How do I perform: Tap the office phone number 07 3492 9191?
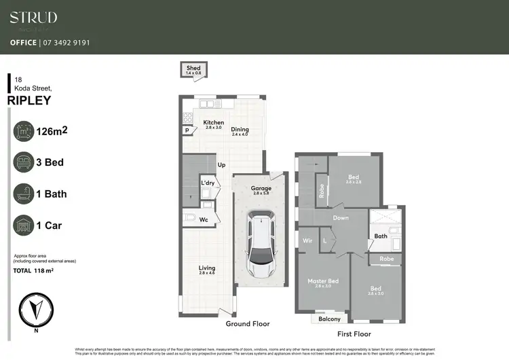tap(66, 42)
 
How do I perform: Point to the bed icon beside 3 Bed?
tap(25, 163)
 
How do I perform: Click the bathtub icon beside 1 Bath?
tap(25, 194)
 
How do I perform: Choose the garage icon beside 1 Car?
tap(25, 226)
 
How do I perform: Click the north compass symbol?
tap(35, 308)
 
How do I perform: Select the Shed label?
tap(194, 69)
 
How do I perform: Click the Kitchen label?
tap(214, 123)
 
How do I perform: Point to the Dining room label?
tap(240, 130)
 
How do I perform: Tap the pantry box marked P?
tap(186, 130)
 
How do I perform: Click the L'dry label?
tap(207, 183)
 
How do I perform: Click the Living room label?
tap(207, 268)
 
